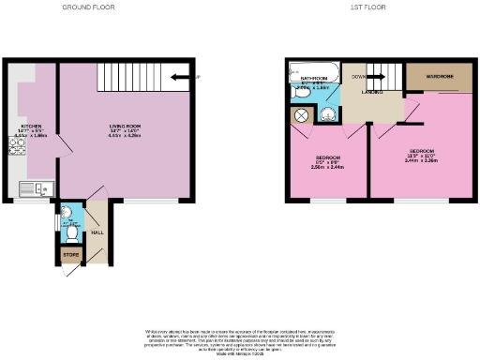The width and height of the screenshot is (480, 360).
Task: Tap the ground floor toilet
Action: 68,227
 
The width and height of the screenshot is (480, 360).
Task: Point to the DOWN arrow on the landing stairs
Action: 359,76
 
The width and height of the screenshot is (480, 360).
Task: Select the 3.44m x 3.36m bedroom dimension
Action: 421,160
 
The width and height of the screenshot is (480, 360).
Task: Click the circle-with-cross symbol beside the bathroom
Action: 302,115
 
